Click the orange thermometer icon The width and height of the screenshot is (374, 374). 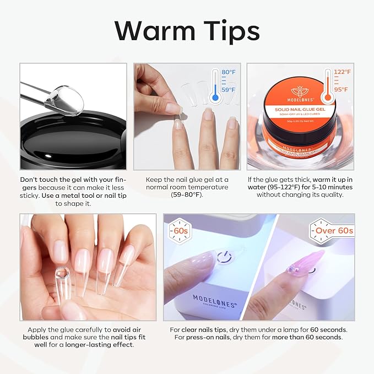pos(329,86)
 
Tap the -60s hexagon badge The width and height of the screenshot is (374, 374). pos(179,229)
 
